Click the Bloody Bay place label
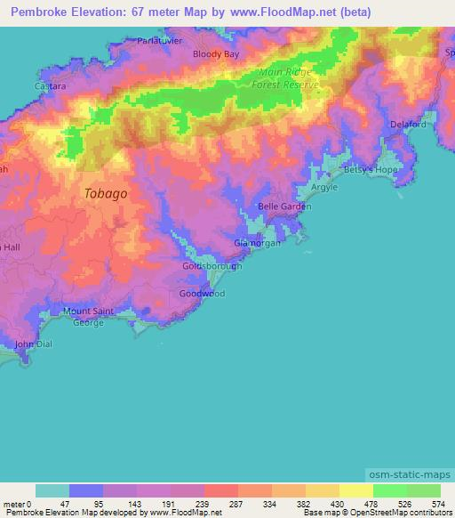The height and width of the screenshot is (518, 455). click(217, 54)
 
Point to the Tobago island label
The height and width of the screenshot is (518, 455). click(105, 193)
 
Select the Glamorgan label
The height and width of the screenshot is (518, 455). click(255, 243)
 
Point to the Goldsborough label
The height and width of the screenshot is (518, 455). click(212, 267)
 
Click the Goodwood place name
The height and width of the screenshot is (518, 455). click(202, 293)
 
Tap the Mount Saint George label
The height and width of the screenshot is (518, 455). click(88, 316)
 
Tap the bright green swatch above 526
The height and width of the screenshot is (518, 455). click(389, 490)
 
